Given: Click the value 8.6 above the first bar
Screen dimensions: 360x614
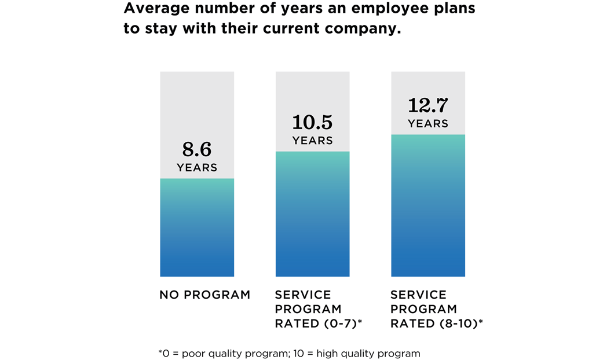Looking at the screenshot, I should coord(197,150).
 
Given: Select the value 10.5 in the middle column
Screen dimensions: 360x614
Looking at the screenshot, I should coord(312,123).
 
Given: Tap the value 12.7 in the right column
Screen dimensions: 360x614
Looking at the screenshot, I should coord(427,106).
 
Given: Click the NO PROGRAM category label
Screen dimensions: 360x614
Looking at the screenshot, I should coord(205,295).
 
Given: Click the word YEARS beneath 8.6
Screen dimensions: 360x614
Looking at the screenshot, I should coord(197,168).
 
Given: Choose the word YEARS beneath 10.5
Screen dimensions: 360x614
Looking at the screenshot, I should coord(312,141).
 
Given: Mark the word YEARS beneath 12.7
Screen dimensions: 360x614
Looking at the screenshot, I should coord(427,124).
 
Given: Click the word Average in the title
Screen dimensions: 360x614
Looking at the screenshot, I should coord(152,9).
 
